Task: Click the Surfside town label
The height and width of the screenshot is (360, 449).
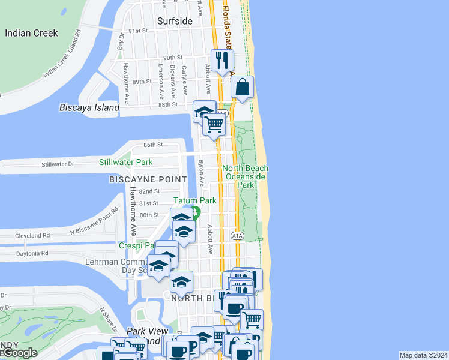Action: click(175, 21)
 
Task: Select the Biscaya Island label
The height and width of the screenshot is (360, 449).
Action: click(89, 108)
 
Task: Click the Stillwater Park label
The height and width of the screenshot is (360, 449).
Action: click(126, 162)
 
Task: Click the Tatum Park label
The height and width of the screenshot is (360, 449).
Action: click(194, 200)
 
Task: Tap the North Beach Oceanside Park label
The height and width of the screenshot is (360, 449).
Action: click(246, 177)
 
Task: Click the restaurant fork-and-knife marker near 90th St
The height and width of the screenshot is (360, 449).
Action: click(222, 59)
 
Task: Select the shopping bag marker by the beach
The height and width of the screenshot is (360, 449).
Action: click(242, 86)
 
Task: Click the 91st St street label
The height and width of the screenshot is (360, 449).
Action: click(137, 31)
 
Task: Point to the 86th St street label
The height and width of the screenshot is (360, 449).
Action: click(153, 145)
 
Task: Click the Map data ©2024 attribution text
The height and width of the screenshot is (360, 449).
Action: click(423, 355)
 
